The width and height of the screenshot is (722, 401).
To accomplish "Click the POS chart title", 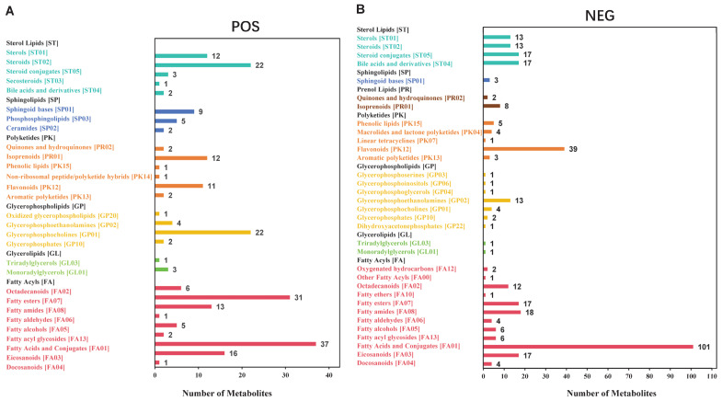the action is coord(245,27).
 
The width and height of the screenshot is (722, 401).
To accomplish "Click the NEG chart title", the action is coord(600,16).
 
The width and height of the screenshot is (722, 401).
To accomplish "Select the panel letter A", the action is coord(9,11).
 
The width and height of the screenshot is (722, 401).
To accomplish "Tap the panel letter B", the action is coord(361,9).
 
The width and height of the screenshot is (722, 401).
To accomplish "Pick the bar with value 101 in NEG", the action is coord(588,347).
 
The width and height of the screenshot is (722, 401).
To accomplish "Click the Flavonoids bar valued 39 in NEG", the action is coord(523,149).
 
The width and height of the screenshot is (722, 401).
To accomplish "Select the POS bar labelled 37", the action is coord(235,344).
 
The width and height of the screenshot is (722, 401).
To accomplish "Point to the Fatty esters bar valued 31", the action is coord(223,297).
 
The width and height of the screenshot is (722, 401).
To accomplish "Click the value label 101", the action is coord(704,347).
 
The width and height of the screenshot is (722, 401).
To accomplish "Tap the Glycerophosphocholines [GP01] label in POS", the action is coord(53,235).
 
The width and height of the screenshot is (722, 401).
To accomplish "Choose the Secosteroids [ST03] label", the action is coord(35,81).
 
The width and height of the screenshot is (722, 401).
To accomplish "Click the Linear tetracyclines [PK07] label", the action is coord(397,141).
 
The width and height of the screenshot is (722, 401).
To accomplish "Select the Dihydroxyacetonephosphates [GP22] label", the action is coord(411,226).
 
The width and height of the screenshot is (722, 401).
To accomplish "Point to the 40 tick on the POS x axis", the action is coord(328,375).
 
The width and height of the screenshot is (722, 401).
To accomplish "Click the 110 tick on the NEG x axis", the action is coord(712,376).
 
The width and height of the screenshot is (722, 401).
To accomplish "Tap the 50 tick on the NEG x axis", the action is coord(587,376).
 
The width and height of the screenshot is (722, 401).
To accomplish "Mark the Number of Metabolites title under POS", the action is coord(227,393).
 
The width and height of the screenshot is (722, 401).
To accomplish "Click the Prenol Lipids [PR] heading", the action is coord(384,89).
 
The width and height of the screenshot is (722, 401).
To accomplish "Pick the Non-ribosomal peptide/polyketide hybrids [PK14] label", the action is coord(79,177).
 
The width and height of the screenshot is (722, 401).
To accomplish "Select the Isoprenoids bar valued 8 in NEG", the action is coord(491,106).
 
